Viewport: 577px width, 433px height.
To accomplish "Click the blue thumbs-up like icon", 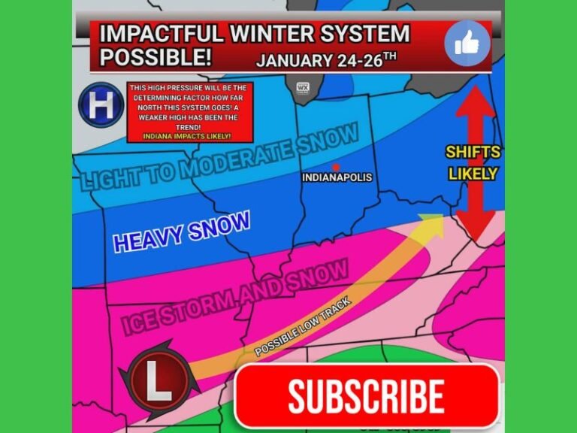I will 467,44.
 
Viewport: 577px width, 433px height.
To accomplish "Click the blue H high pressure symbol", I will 101,105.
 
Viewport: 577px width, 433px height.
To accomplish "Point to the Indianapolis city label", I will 337,178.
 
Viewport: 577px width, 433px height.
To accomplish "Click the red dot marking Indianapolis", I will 336,166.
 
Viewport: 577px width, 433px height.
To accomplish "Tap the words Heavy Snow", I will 181,231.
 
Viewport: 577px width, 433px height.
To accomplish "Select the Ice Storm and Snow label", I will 234,296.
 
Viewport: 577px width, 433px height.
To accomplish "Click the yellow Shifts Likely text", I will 473,162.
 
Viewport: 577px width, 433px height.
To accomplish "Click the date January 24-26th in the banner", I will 327,60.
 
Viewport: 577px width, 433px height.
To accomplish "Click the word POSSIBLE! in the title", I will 156,57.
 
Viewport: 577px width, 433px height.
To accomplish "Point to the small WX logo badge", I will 304,89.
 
